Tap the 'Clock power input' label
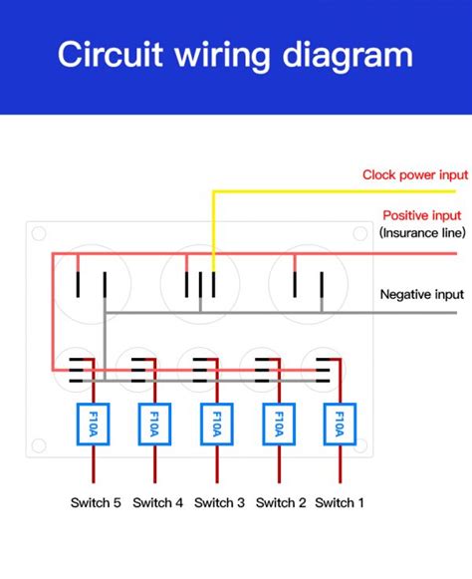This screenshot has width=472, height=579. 413,174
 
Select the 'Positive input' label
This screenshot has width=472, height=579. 422,215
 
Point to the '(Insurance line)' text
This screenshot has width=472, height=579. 422,233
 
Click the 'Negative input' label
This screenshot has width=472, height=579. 422,294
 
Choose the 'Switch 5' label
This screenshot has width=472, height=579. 96,502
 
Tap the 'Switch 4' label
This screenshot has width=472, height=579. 157,502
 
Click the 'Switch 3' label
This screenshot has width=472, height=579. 219,502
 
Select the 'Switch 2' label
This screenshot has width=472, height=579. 281,502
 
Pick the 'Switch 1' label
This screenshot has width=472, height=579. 340,502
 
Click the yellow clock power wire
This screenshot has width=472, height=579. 329,190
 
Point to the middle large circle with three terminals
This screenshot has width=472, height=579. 200,283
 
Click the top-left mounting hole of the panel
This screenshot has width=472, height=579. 39,234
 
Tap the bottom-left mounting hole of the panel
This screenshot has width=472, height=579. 39,445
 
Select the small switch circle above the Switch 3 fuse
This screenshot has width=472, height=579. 200,370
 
